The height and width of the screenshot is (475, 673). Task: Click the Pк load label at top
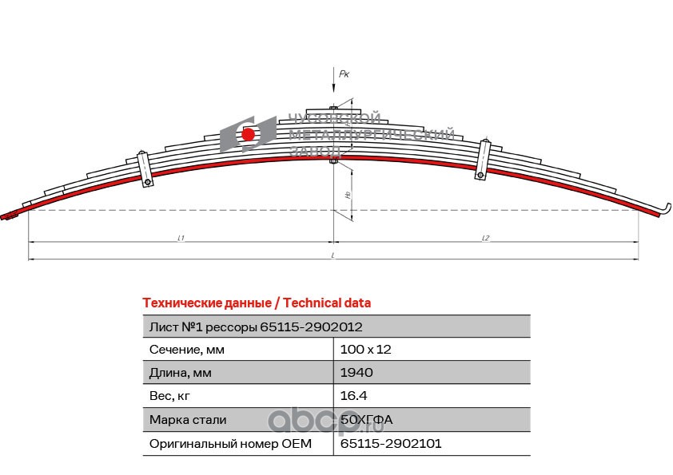click(344, 74)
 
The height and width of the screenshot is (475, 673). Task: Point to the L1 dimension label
click(181, 238)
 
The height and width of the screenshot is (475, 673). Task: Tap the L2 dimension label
click(486, 238)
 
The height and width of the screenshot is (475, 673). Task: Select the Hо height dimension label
click(347, 194)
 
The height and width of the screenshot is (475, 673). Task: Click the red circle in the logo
click(249, 134)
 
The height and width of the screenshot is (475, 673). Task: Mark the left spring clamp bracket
click(145, 169)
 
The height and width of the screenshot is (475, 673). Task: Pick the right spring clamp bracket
click(483, 160)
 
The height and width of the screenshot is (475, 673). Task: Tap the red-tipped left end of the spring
click(10, 214)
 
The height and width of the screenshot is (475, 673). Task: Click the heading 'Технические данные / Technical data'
click(256, 303)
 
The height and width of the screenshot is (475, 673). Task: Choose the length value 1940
click(356, 373)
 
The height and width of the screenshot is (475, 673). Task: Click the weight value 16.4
click(353, 396)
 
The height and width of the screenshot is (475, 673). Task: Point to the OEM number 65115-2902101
click(391, 443)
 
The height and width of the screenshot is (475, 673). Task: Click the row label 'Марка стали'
click(188, 420)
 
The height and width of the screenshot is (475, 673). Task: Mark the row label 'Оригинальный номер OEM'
click(230, 443)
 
